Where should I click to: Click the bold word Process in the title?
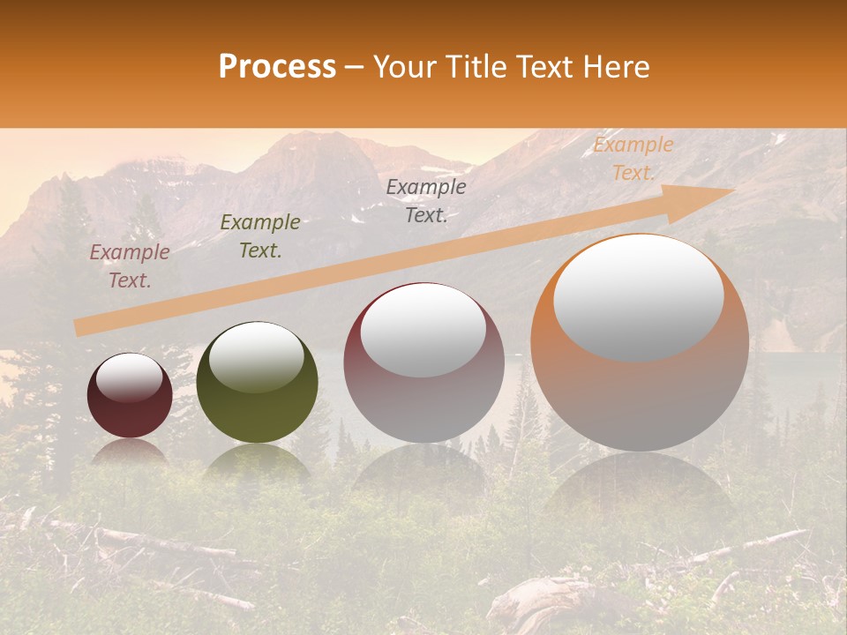click(x=277, y=66)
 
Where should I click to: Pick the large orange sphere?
click(x=640, y=388)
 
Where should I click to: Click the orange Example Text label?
click(x=633, y=159)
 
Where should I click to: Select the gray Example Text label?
click(x=426, y=201)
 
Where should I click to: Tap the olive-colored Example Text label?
click(x=260, y=236)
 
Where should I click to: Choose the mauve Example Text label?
click(x=130, y=266)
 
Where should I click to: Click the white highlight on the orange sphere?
click(x=639, y=298)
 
